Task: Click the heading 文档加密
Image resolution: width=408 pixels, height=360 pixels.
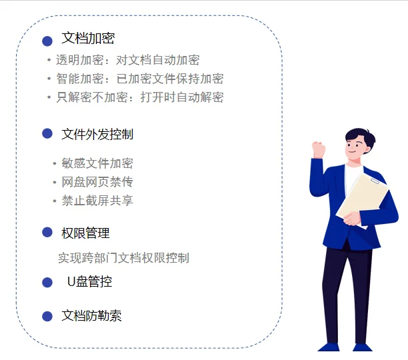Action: pos(88,39)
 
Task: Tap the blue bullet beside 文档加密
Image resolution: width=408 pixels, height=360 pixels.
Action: pos(47,41)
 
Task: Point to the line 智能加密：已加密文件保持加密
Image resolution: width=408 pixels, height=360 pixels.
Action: pos(139,79)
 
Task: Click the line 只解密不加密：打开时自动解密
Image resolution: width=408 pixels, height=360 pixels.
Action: pos(139,97)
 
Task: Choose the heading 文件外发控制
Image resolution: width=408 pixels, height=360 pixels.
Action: pos(97,134)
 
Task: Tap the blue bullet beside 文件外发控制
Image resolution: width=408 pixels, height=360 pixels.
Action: pos(47,133)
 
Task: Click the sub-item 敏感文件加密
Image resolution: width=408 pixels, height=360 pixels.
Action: pos(97,163)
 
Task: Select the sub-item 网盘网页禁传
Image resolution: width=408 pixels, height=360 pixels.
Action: pos(97,182)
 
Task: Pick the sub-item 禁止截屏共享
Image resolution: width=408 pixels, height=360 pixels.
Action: pos(97,201)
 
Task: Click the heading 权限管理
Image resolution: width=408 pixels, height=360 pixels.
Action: pos(85,233)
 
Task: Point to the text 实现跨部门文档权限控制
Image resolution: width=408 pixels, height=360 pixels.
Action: pos(123,258)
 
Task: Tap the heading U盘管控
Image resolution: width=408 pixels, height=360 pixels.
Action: pos(90,282)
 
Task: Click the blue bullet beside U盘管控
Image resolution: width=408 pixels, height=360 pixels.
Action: pos(47,283)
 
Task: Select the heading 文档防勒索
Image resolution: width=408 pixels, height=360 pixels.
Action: pos(91,316)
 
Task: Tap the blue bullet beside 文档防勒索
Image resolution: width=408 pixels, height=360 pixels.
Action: pos(47,316)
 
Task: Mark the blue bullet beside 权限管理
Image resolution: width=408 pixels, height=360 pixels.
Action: pos(47,232)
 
